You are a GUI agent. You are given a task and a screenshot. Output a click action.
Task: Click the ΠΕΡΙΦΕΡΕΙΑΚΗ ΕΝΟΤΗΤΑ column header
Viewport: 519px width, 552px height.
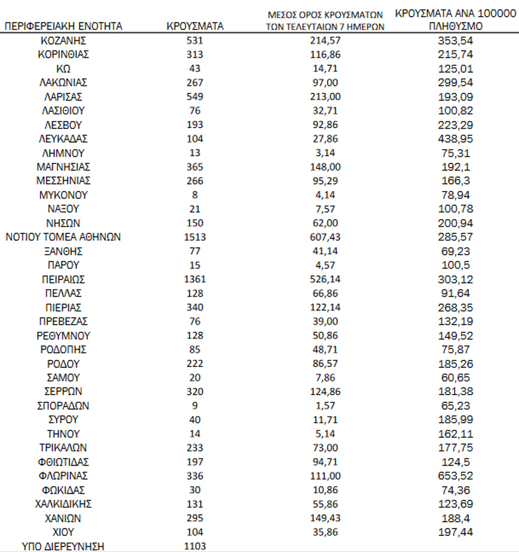(x=63, y=26)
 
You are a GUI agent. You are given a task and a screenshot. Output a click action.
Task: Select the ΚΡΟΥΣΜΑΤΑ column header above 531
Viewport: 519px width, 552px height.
(x=195, y=26)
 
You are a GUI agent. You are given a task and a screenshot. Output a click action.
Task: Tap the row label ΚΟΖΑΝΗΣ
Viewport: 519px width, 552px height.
(x=63, y=41)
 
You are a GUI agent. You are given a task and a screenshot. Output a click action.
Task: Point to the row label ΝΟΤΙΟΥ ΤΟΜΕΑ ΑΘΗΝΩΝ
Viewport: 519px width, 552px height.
(x=63, y=237)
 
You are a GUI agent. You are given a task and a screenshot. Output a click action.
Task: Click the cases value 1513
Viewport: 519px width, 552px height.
(x=195, y=237)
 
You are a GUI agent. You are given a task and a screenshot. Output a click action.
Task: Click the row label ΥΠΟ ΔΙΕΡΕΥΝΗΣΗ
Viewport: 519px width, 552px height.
(x=63, y=546)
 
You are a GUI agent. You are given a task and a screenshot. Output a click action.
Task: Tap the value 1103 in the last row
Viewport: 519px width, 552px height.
(x=195, y=546)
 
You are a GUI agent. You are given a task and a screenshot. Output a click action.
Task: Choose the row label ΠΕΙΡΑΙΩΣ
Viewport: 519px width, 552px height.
(x=63, y=279)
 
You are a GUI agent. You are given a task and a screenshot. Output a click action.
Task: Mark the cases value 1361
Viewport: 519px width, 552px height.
(x=195, y=279)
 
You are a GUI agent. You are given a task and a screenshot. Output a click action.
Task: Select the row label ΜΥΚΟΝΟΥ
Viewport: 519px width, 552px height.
(x=63, y=195)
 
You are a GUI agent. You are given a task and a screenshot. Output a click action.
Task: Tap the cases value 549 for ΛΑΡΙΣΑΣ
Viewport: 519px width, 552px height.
(x=195, y=97)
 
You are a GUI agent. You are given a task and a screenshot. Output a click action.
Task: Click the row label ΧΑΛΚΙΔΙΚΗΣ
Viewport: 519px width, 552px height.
(x=63, y=504)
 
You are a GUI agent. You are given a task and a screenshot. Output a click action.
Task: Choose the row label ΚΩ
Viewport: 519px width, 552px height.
(x=63, y=69)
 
